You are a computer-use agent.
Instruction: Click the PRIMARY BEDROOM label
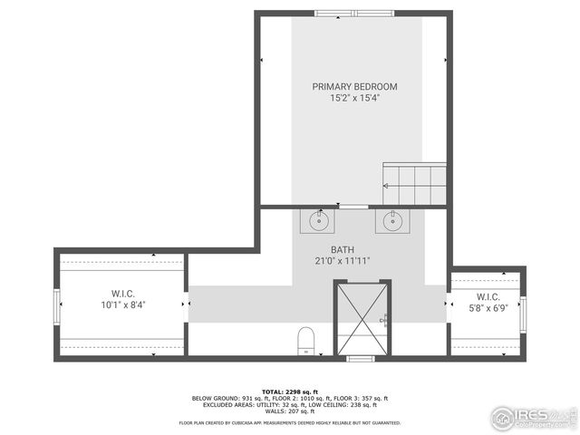[x=354, y=87]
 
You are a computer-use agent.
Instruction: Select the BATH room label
[x=317, y=249]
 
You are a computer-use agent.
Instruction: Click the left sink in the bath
[x=318, y=220]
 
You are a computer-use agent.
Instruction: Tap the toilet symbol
[x=305, y=340]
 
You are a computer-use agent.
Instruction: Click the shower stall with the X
[x=362, y=318]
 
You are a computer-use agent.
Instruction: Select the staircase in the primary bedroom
[x=415, y=183]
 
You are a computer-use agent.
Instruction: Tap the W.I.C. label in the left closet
[x=123, y=294]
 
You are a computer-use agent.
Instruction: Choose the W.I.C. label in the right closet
[x=488, y=297]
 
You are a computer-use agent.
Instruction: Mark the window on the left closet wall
[x=57, y=311]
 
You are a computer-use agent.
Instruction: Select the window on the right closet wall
[x=523, y=315]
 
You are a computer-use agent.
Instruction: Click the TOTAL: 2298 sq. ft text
[x=289, y=390]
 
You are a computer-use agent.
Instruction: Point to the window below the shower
[x=361, y=358]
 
